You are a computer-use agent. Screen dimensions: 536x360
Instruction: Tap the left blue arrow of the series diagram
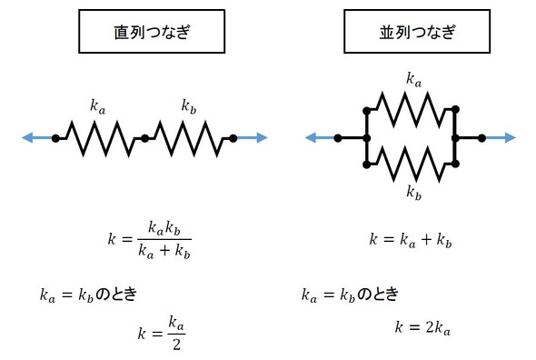37,137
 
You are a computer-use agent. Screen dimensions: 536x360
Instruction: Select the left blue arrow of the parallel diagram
320,138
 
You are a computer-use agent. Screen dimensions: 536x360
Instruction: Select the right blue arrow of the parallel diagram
500,138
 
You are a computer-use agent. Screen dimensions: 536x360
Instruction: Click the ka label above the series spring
98,106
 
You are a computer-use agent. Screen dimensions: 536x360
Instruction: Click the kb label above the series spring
189,106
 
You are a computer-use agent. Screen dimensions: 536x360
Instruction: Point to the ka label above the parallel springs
414,79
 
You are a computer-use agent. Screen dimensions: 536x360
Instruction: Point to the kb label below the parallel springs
414,193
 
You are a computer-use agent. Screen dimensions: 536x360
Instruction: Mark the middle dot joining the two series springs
144,138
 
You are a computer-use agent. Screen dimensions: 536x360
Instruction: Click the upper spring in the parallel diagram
411,110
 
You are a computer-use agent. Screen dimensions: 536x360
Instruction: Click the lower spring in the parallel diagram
411,164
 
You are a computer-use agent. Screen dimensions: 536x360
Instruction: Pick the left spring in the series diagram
100,138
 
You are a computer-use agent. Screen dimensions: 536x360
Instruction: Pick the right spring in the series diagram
189,138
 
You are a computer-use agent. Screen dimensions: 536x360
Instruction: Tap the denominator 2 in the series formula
176,344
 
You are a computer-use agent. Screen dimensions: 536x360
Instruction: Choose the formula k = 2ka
422,327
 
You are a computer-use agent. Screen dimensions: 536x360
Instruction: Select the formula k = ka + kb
411,239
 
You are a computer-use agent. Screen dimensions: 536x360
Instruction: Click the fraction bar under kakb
164,239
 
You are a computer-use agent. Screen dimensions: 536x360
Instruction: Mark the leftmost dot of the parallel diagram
338,138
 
